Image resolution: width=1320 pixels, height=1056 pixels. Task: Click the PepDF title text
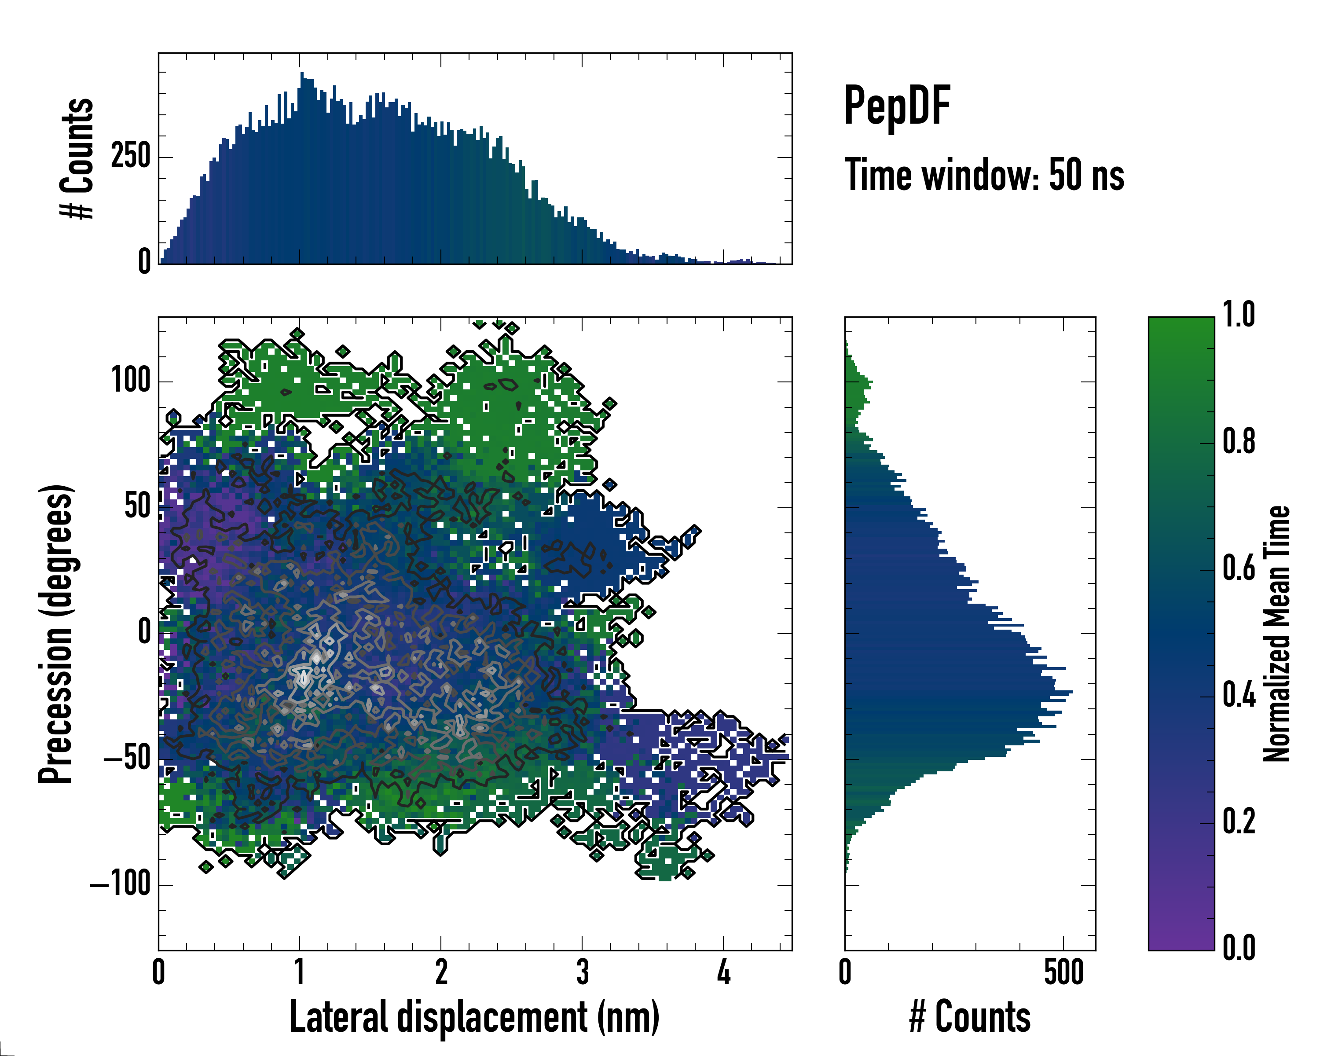point(897,106)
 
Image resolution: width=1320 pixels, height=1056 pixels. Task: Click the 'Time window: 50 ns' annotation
point(984,175)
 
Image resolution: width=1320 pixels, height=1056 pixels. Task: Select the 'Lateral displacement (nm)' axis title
point(474,1016)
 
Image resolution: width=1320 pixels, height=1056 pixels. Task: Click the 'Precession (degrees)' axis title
point(56,634)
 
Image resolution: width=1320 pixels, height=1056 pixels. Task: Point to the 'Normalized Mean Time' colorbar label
point(1276,634)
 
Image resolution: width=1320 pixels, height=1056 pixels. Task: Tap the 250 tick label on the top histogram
point(130,156)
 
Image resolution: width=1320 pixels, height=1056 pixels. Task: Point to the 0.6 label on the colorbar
point(1239,568)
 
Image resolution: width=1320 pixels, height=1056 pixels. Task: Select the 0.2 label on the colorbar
point(1239,821)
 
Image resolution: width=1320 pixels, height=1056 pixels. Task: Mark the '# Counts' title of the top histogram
point(78,158)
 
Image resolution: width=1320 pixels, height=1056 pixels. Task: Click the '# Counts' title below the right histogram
point(970,1016)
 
